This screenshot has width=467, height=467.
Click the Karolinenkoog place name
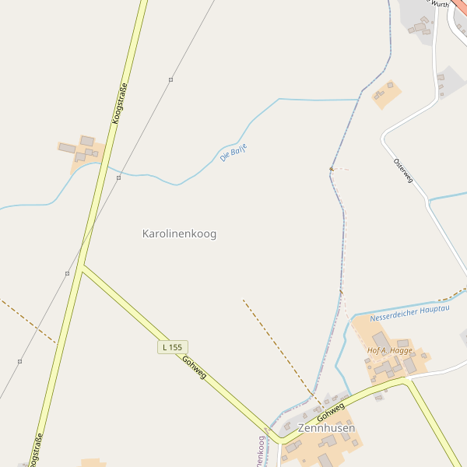[x=179, y=233]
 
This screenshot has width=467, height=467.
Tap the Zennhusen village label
[x=326, y=428]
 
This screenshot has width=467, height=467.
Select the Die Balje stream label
[x=233, y=153]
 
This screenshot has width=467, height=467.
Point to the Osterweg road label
[x=403, y=171]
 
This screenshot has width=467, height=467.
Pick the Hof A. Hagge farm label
[x=390, y=350]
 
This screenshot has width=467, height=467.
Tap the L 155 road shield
[x=173, y=346]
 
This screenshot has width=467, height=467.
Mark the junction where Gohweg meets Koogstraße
[x=82, y=266]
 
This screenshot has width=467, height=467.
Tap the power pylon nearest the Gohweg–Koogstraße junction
[x=67, y=273]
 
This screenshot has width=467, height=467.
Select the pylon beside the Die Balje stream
[x=118, y=177]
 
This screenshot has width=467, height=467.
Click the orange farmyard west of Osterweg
[x=387, y=94]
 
